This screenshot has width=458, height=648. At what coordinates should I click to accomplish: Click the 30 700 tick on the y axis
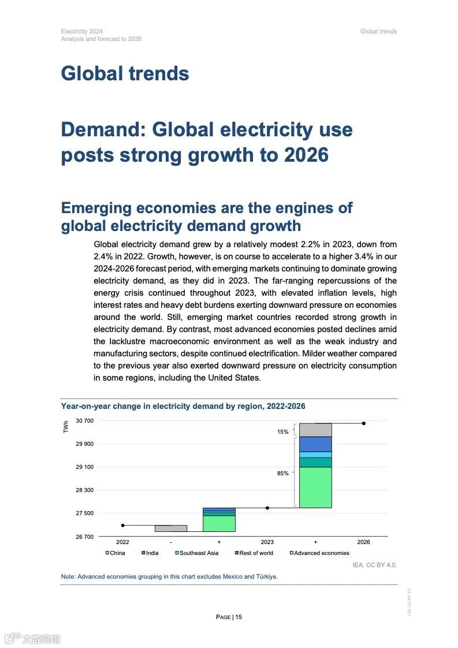pyautogui.click(x=85, y=420)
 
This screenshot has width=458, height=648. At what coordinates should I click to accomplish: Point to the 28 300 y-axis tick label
pyautogui.click(x=85, y=490)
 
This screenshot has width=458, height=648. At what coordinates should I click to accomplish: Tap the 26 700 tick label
pyautogui.click(x=85, y=537)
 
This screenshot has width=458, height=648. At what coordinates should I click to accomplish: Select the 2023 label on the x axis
pyautogui.click(x=267, y=542)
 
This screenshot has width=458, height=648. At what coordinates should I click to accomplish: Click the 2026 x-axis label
pyautogui.click(x=363, y=542)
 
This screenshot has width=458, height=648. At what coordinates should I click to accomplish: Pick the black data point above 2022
pyautogui.click(x=122, y=525)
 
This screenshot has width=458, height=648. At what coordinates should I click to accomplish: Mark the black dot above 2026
pyautogui.click(x=363, y=423)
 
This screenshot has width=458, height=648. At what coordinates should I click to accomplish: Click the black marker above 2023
pyautogui.click(x=267, y=508)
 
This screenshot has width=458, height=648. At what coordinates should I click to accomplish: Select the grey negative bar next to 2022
pyautogui.click(x=171, y=528)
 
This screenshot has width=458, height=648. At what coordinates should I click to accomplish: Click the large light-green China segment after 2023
pyautogui.click(x=315, y=487)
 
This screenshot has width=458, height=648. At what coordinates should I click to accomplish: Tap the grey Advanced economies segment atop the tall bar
pyautogui.click(x=315, y=430)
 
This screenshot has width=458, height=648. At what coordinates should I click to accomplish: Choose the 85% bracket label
pyautogui.click(x=283, y=473)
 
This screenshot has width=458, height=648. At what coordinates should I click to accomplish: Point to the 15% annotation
pyautogui.click(x=283, y=432)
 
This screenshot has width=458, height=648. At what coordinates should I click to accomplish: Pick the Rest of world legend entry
pyautogui.click(x=254, y=553)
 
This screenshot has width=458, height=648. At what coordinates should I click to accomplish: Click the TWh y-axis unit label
pyautogui.click(x=66, y=426)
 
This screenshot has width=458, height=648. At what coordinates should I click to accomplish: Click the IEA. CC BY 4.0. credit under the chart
pyautogui.click(x=374, y=564)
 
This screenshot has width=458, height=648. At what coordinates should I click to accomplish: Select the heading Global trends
pyautogui.click(x=125, y=73)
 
